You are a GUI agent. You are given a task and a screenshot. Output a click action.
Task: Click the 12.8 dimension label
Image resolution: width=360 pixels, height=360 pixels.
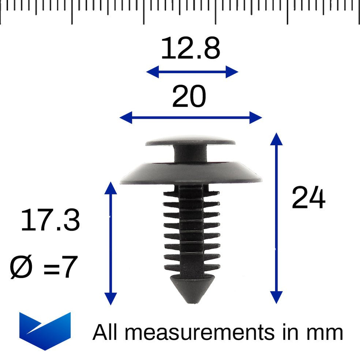tap(190, 49)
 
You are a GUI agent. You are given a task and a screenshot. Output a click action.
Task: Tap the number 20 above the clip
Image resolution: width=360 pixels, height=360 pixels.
tap(189, 97)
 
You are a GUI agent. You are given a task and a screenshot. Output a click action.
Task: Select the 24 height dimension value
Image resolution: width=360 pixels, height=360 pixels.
tap(308, 198)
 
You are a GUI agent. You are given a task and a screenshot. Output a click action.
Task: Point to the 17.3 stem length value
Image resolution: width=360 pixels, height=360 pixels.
tap(50, 221)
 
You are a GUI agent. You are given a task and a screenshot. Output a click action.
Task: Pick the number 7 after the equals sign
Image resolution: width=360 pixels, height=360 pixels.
tap(69, 267)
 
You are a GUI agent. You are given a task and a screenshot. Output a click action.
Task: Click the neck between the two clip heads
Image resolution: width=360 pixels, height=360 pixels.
tap(190, 154)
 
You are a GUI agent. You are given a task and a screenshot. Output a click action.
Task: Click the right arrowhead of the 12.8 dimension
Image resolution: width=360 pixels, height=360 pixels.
tap(232, 72)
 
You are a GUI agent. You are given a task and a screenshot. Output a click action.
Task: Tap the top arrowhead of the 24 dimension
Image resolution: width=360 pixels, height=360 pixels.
tap(276, 140)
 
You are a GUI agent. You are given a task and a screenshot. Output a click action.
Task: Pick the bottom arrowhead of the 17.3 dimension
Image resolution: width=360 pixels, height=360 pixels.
tap(111, 298)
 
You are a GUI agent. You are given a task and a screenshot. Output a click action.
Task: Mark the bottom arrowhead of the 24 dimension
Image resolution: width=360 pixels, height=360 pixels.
tap(276, 297)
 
